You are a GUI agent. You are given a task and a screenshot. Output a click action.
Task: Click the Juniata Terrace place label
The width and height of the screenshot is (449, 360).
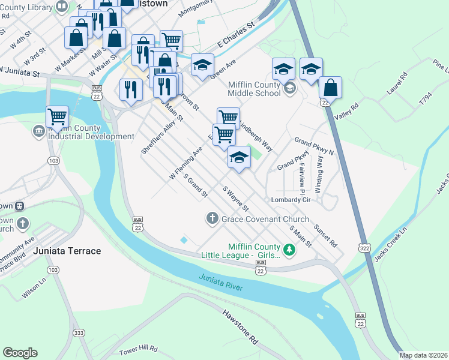pos(67,251)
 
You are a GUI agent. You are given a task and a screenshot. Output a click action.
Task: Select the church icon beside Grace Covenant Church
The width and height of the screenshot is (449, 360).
pos(211,219)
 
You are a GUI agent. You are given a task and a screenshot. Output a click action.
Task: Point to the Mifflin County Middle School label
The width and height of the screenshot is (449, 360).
pos(254,89)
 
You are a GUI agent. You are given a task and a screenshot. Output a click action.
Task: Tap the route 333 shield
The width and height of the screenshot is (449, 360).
pos(79,333)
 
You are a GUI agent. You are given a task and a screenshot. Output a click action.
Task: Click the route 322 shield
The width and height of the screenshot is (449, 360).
pos(364,247)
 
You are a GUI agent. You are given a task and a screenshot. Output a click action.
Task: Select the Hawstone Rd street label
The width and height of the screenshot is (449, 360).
pos(240,326)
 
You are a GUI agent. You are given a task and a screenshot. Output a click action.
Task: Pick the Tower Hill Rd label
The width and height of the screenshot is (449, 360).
pos(137,349)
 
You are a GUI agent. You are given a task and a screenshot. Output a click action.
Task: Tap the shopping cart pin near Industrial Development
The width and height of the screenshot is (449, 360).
pos(57,116)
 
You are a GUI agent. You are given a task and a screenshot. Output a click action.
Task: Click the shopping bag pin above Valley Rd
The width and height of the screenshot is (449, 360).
pos(330,87)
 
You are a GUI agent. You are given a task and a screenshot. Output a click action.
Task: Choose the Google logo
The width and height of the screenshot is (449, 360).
pos(20,353)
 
